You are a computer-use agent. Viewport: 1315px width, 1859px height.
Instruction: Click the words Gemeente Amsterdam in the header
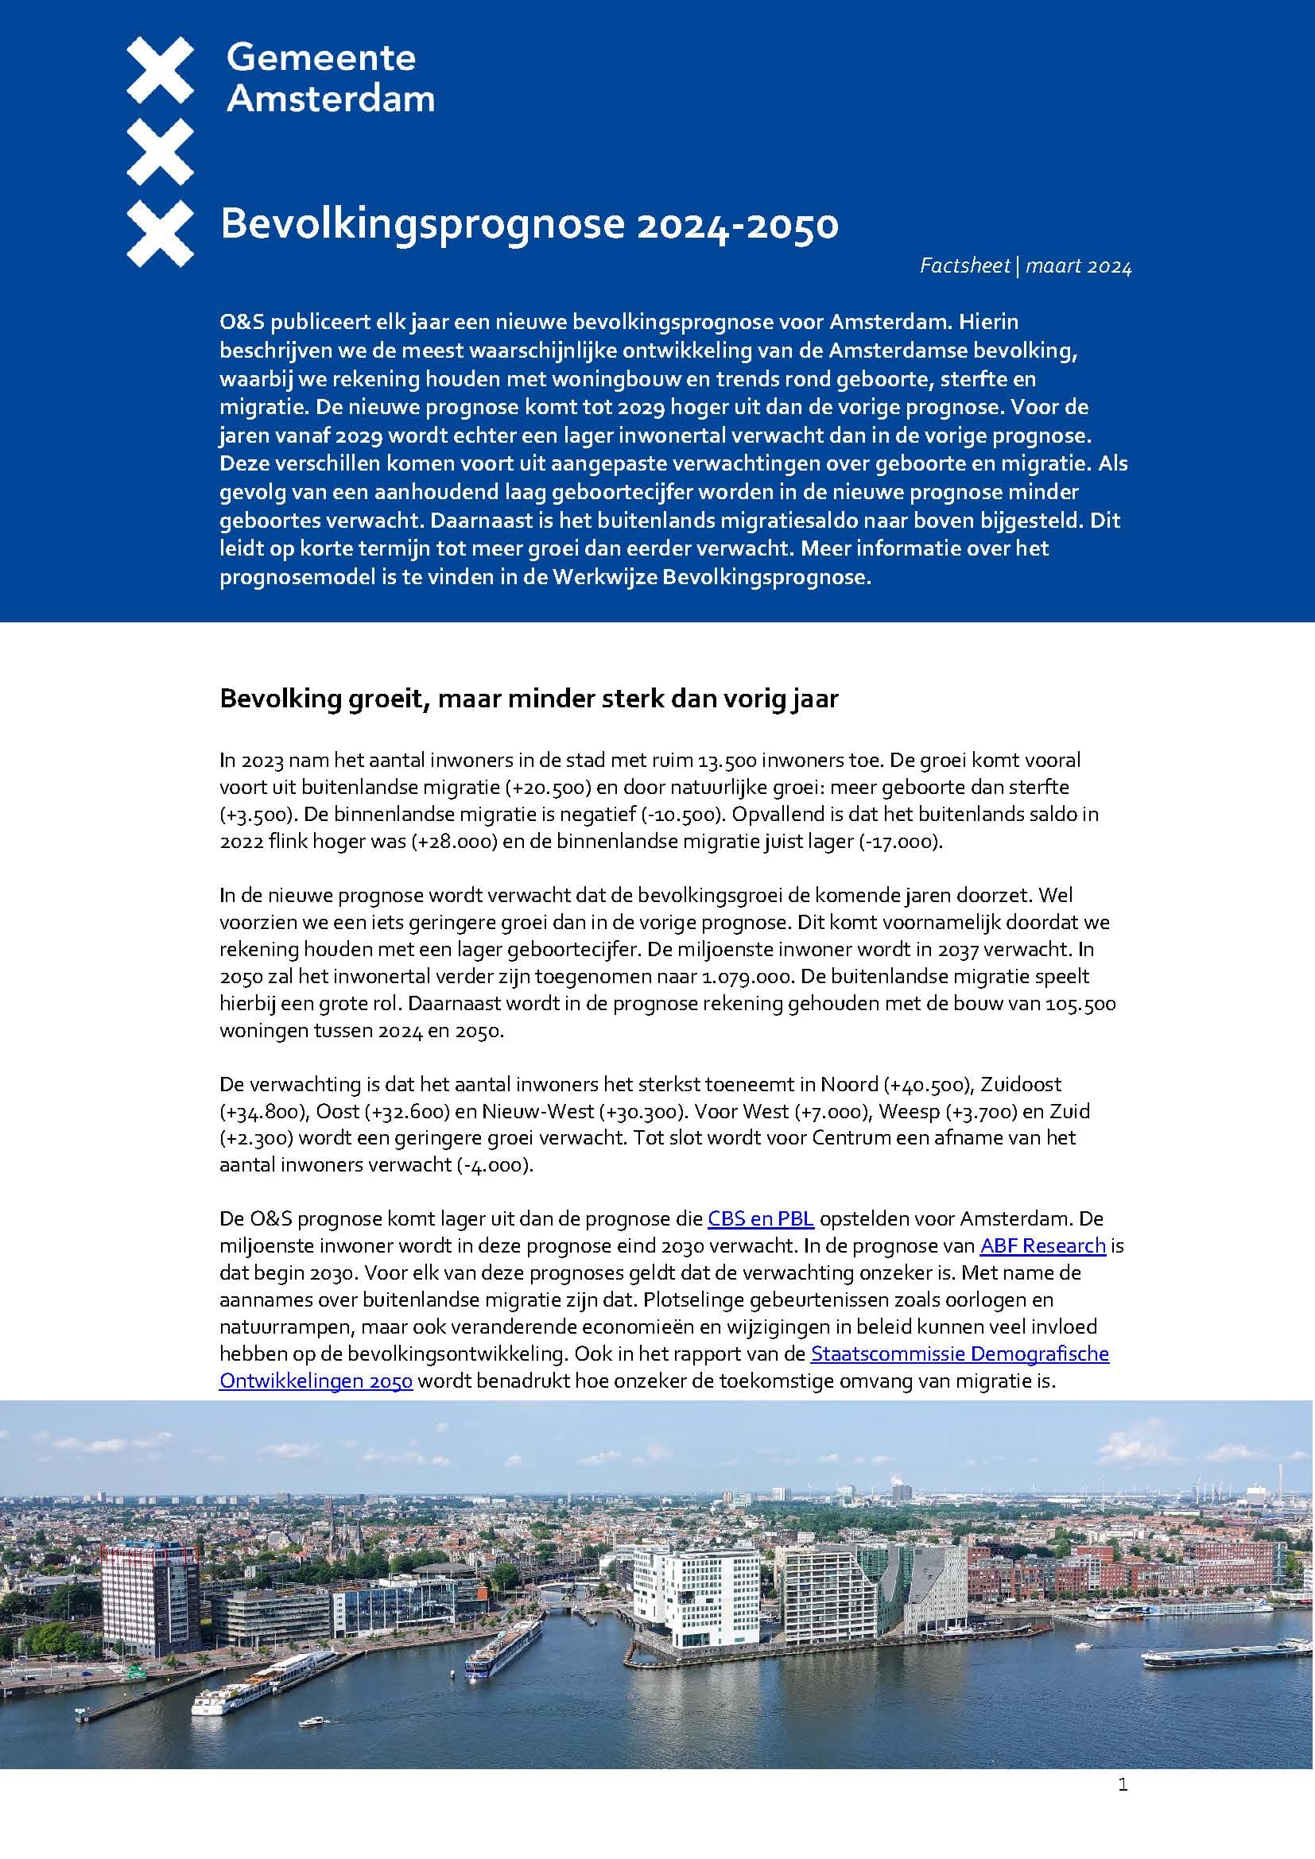331,79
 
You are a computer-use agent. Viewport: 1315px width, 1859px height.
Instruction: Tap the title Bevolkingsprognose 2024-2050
529,224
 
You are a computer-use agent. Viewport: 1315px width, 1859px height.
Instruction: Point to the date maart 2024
1079,266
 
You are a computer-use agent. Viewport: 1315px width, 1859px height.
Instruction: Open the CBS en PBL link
760,1218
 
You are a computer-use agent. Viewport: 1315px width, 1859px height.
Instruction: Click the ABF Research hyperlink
1043,1245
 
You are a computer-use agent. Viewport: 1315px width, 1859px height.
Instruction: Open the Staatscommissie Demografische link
960,1354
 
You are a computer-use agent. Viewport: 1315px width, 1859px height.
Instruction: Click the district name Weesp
906,1111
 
